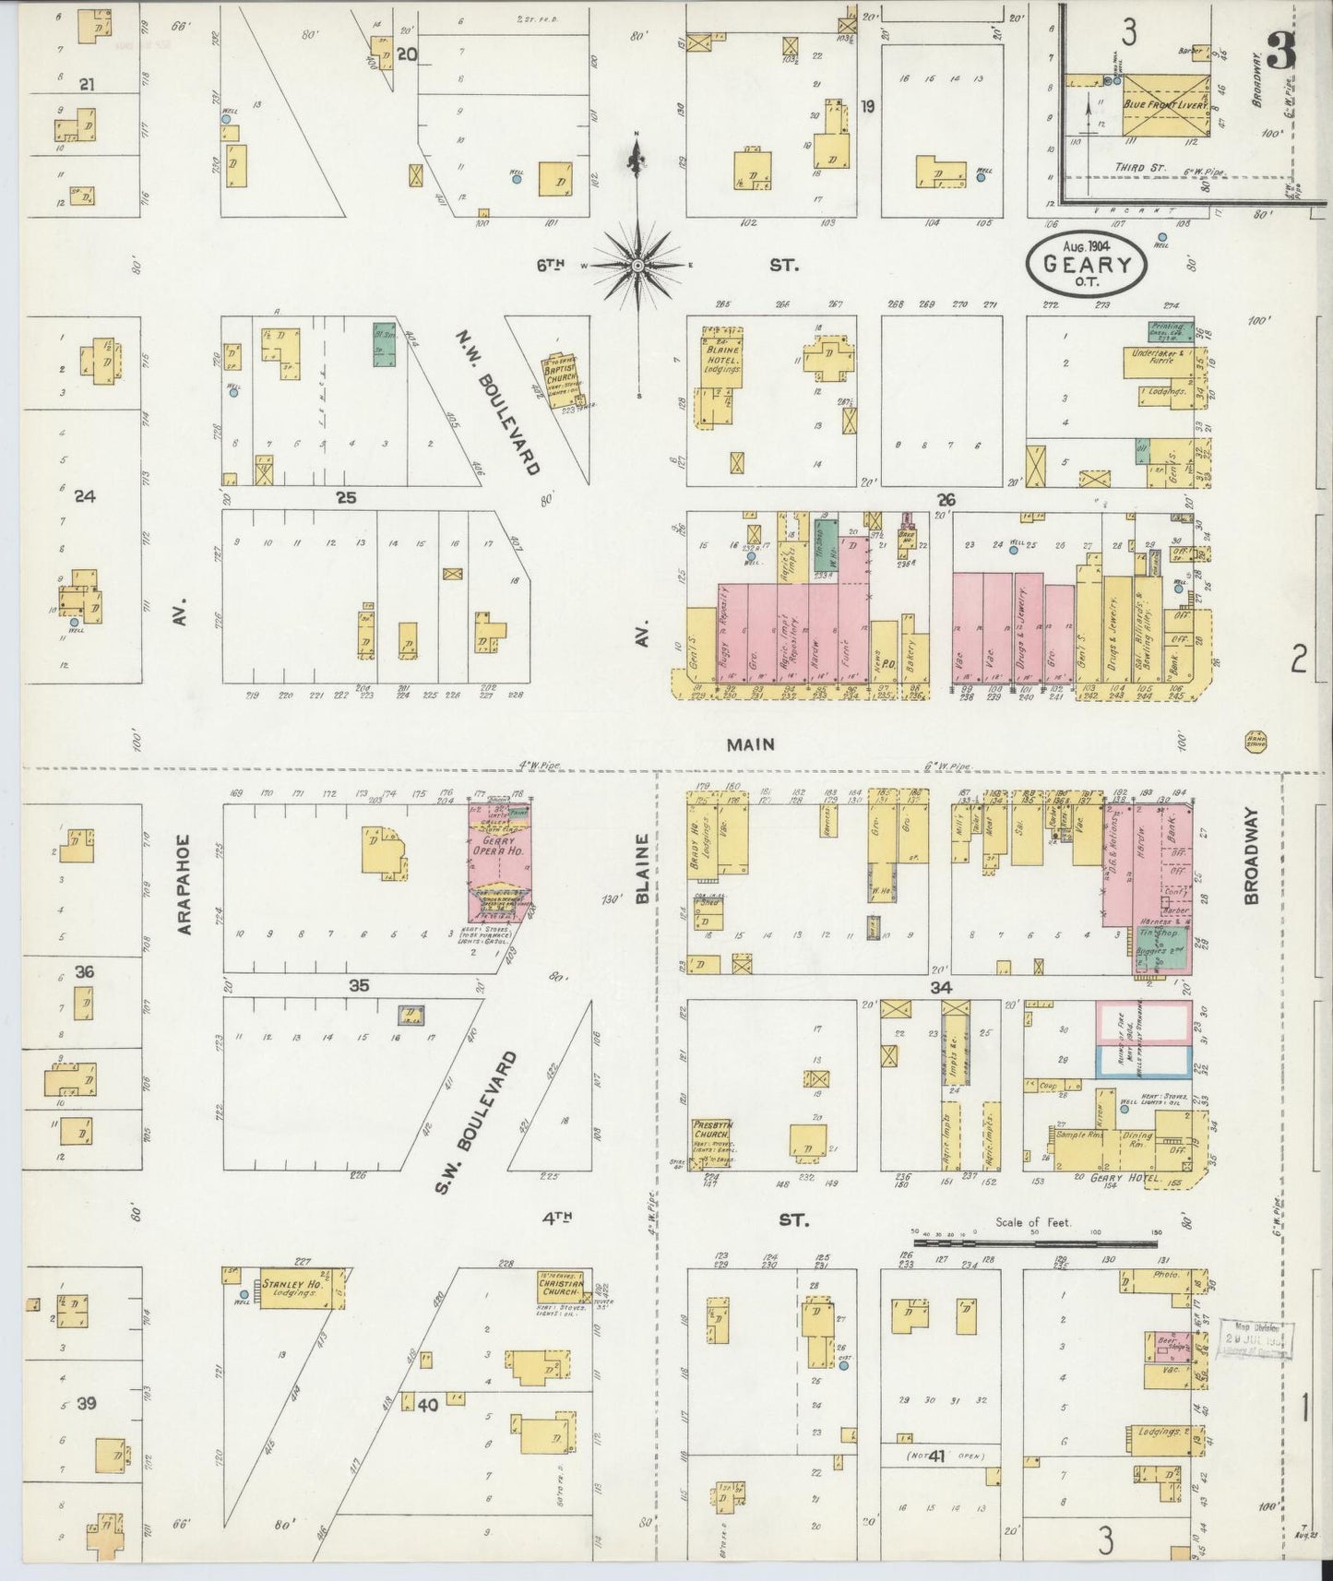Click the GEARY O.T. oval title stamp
1087,263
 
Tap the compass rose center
637,265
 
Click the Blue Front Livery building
1165,106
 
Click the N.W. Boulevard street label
495,402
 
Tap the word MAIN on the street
749,744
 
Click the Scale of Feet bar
1033,1243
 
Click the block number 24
85,496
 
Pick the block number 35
358,985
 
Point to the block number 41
937,1456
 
